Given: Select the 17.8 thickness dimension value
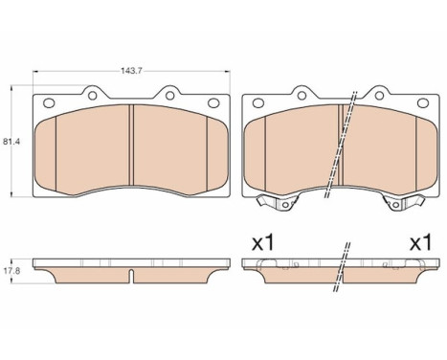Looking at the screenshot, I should point(11,271).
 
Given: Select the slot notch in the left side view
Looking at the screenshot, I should point(130,279).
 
